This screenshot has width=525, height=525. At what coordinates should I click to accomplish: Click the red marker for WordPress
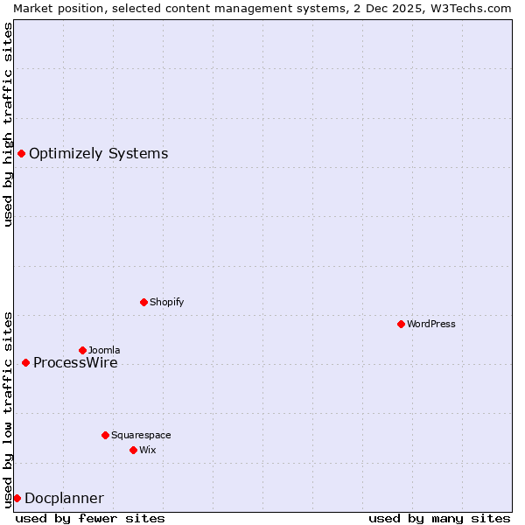coord(401,324)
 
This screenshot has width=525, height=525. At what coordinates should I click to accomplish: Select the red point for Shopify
coord(143,302)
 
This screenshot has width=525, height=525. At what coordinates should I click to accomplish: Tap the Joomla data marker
coord(82,350)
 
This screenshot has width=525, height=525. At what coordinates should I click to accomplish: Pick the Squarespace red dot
coord(105,435)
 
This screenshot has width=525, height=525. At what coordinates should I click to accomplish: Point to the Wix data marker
coord(133,450)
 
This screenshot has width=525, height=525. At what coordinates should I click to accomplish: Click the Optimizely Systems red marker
coord(21,154)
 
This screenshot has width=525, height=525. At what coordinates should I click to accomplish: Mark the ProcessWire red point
coord(25,362)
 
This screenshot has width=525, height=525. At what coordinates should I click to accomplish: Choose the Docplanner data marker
coord(17,498)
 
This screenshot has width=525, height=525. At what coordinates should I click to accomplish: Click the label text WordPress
coord(431,324)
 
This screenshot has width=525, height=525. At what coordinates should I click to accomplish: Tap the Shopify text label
coord(166,302)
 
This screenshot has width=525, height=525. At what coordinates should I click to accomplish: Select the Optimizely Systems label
coord(98,154)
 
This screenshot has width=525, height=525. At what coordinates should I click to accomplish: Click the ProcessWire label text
coord(75,362)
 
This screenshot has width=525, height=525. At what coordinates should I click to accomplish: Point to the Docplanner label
coord(64,498)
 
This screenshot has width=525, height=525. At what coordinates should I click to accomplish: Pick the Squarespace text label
coord(141,435)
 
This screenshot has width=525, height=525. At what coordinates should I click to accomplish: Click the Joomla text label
coord(104,350)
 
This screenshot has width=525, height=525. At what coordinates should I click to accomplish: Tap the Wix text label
coord(147,450)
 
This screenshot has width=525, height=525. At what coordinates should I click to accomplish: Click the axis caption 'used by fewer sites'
coord(90,518)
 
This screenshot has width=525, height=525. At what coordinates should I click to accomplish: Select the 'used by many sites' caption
coord(439,518)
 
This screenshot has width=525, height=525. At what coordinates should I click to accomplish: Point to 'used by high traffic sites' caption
coord(8,124)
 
